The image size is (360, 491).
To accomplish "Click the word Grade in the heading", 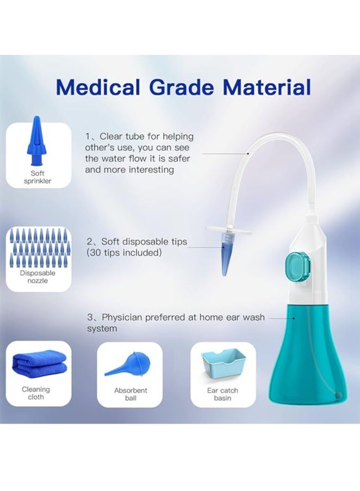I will click(182, 87).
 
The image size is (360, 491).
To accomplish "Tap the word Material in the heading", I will click(267, 87).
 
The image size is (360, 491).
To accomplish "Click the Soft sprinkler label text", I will click(38, 177).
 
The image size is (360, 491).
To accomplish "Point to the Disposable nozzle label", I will click(38, 277).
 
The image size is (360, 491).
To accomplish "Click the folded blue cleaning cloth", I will click(39, 362).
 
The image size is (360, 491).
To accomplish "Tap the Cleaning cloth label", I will click(36, 393).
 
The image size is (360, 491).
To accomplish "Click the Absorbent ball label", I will click(131, 394).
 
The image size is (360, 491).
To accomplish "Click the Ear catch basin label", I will click(222, 394).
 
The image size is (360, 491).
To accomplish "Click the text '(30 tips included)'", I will click(124, 253).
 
